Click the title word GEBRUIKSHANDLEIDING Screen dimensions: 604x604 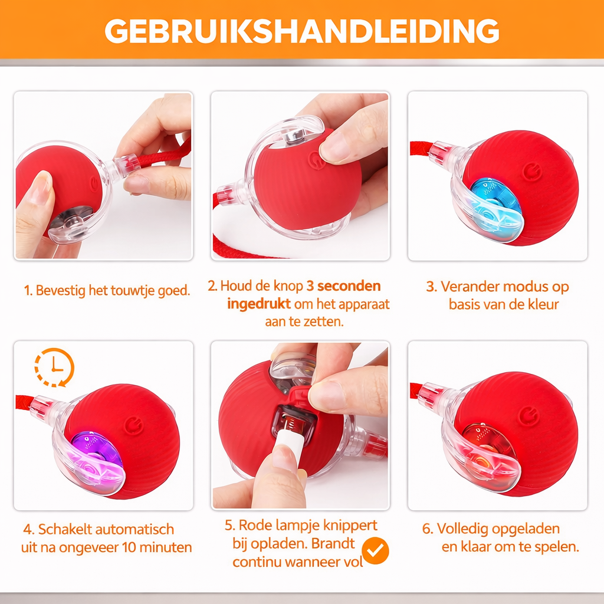click(x=301, y=31)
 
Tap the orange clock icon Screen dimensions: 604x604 click(x=54, y=367)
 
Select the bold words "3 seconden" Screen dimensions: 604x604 click(x=344, y=286)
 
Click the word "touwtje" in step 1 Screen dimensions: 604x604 click(x=132, y=290)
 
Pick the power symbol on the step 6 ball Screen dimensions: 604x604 click(x=528, y=416)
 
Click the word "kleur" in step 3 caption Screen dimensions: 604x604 click(x=543, y=304)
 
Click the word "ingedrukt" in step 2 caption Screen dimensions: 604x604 click(x=259, y=304)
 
